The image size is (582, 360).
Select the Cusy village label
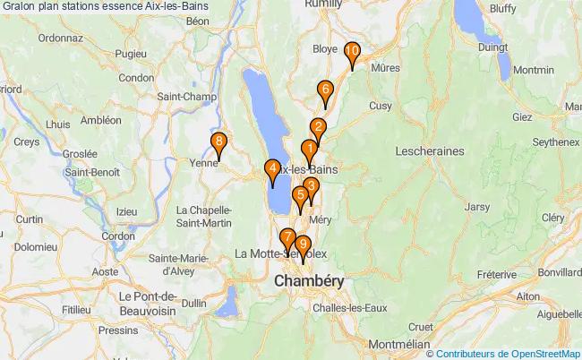coord(381,105)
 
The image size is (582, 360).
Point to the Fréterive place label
coord(499,274)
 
